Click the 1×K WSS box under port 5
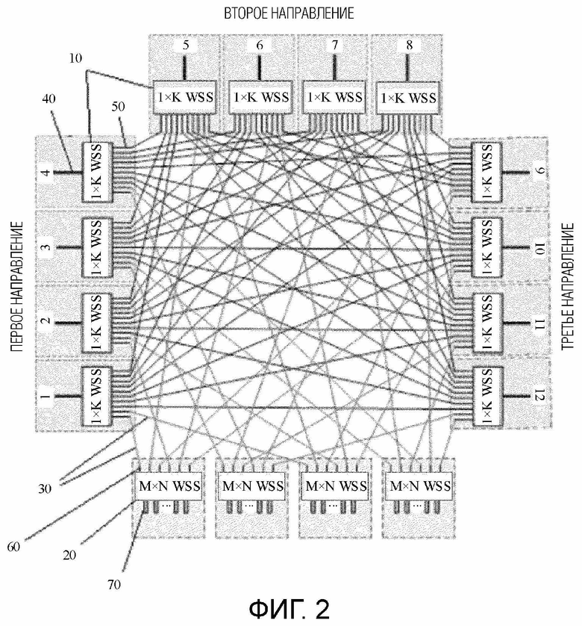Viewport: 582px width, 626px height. pos(184,98)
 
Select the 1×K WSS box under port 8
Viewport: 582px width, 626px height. pos(408,98)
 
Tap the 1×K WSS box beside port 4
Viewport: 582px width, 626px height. pos(96,172)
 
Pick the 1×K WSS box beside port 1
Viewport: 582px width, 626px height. pos(96,397)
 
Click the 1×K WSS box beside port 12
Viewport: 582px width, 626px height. pos(486,397)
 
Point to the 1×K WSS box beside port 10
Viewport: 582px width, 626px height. pos(486,247)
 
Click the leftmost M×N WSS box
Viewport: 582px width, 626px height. pos(169,486)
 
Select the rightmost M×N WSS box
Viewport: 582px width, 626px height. pos(419,486)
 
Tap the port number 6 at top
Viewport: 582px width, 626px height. pos(260,45)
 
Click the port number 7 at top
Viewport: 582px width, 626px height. pos(334,45)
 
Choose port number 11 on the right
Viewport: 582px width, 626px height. pos(539,323)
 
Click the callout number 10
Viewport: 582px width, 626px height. pos(75,58)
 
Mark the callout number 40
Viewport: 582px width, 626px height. pos(48,99)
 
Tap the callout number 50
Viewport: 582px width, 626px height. pos(118,107)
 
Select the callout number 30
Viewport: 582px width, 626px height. pos(45,489)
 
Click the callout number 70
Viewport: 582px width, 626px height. pos(114,584)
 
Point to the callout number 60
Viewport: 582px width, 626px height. pos(13,547)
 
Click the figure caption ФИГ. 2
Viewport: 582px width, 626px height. pos(290,608)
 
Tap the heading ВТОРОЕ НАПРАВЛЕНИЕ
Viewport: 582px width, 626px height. pos(289,13)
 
